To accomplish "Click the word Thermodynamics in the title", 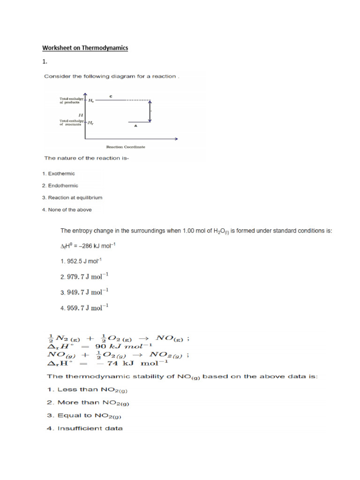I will coord(105,48).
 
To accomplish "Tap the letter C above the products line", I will coord(111,96).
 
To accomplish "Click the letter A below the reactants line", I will coord(135,126).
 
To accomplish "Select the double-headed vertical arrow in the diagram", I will coord(150,111).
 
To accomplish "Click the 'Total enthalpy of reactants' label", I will coord(71,123).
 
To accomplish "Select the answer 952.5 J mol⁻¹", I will coord(81,261).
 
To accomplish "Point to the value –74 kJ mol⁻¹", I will coord(135,362).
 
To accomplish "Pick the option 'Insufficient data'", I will coord(90,428).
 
